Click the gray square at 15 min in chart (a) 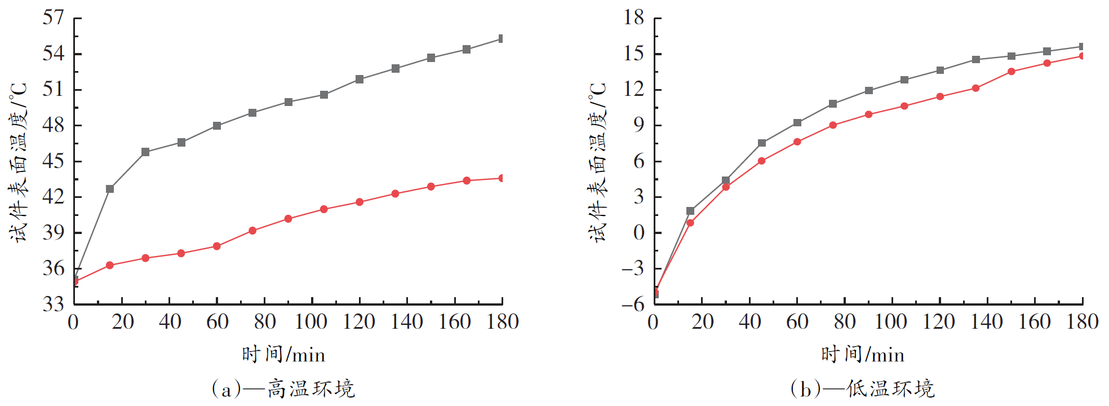(x=110, y=189)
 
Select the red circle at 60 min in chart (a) (x=217, y=246)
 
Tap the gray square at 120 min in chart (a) (x=360, y=80)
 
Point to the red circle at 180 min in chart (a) (x=502, y=178)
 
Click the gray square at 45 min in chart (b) (x=762, y=143)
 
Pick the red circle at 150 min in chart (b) (x=1012, y=72)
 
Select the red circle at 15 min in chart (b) (x=690, y=223)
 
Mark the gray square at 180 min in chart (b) (x=1082, y=47)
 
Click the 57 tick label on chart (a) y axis (x=54, y=18)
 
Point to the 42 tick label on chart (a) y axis (x=54, y=197)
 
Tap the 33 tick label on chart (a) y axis (x=54, y=304)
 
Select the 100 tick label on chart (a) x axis (x=311, y=322)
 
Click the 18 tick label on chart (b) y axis (x=633, y=18)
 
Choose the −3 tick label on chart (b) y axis (x=632, y=269)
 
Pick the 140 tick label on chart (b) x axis (x=987, y=322)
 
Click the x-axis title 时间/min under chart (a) (x=283, y=355)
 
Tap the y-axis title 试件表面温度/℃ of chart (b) (x=598, y=162)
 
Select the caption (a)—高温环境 (x=283, y=389)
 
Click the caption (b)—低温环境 (x=862, y=389)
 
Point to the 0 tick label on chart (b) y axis (x=638, y=233)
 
